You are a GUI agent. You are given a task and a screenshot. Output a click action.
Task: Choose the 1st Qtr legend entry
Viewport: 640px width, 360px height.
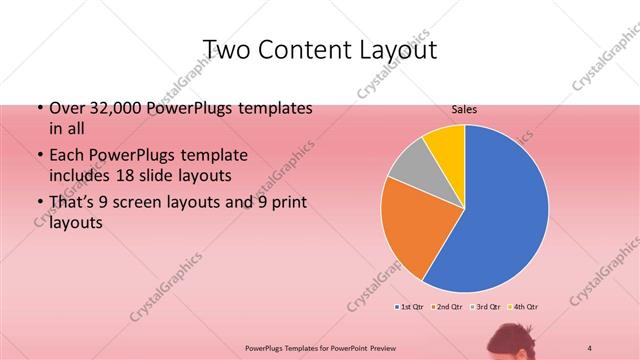(x=411, y=306)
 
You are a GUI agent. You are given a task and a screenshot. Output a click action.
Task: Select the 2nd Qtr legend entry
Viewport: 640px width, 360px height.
(x=446, y=306)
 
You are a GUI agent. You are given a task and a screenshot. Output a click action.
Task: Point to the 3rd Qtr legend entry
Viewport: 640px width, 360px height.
(x=485, y=306)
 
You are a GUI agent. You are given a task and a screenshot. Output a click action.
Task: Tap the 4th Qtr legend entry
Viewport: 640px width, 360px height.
(x=524, y=306)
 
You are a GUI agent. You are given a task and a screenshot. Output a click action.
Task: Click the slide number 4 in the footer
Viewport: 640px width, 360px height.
(x=589, y=347)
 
